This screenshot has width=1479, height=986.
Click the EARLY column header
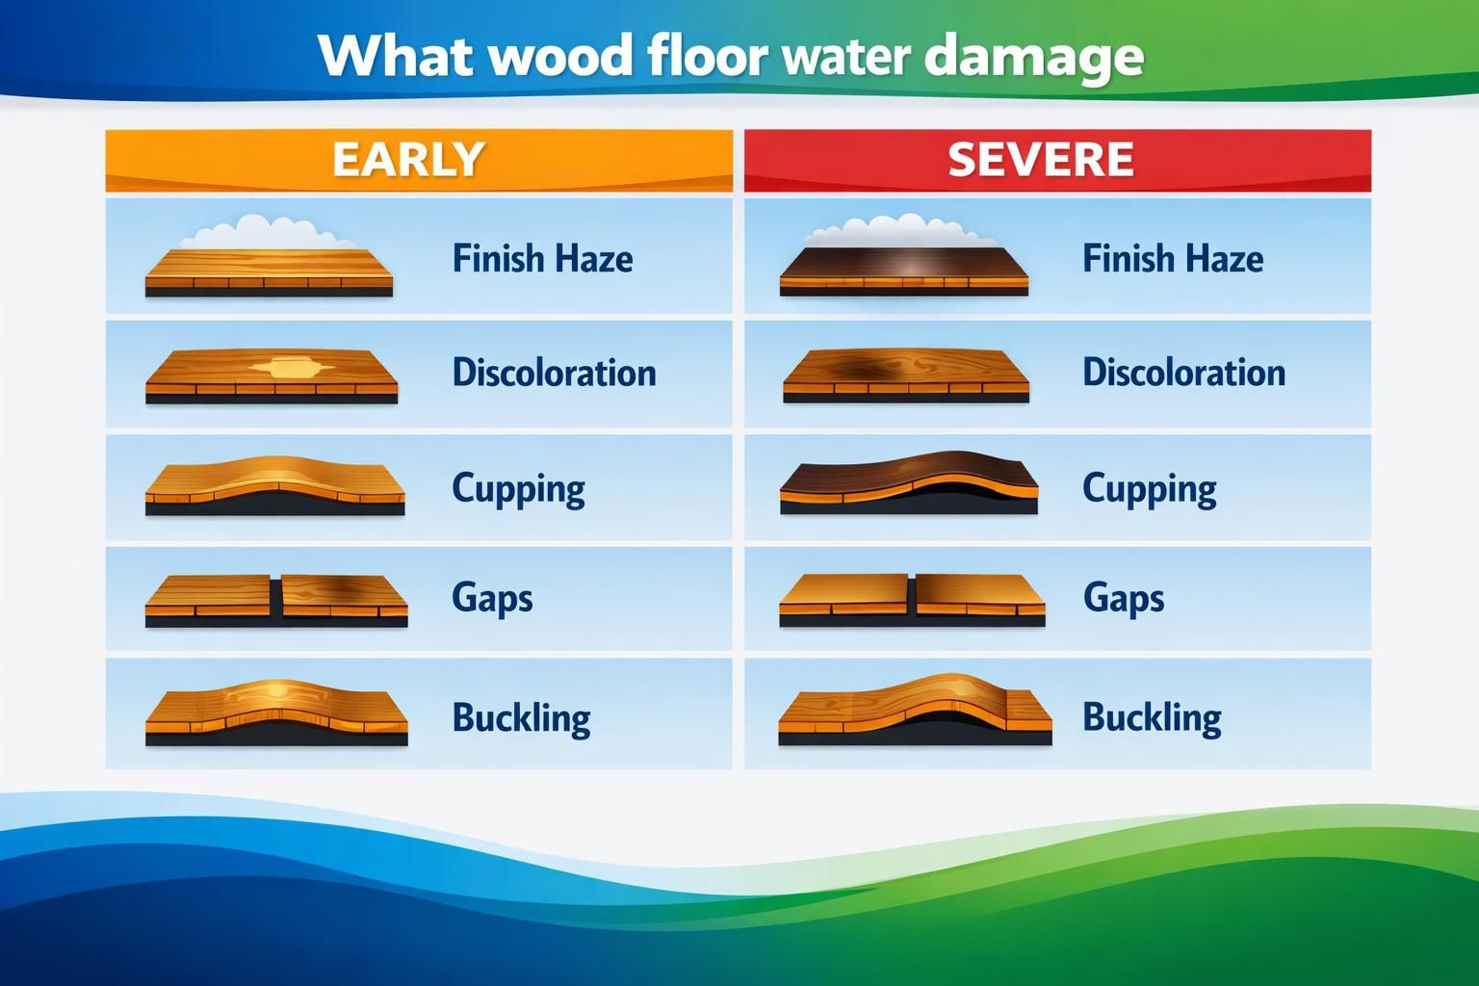point(408,160)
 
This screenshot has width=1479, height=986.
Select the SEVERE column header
point(1041,160)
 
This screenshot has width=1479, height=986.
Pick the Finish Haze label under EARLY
point(542,258)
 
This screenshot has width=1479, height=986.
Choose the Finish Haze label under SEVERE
point(1172,258)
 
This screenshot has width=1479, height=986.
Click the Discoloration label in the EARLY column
point(554,373)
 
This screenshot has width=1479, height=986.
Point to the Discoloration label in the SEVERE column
point(1183,373)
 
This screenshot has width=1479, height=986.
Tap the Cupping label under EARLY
point(518,488)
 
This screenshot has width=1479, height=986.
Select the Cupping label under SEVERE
point(1149,488)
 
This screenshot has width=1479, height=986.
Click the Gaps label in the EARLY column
point(492,598)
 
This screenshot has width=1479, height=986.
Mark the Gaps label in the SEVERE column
point(1123,598)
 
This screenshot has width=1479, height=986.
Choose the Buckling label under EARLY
point(521,717)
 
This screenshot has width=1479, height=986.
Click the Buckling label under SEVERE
point(1152,717)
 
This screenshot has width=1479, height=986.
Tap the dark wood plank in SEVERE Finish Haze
point(903,264)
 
